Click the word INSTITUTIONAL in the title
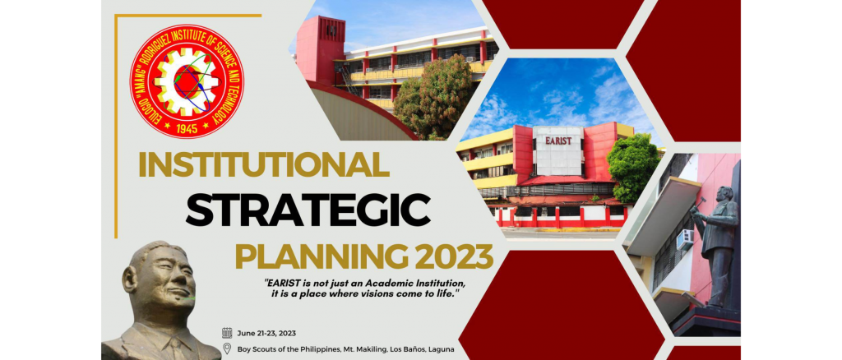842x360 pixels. click(x=264, y=164)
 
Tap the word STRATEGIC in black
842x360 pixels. click(x=308, y=210)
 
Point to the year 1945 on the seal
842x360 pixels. click(x=187, y=127)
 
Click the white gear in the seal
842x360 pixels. click(x=187, y=81)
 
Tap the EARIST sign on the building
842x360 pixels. click(x=558, y=141)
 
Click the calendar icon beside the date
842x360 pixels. click(x=227, y=333)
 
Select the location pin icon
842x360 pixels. click(x=227, y=348)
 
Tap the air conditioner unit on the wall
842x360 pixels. click(x=685, y=240)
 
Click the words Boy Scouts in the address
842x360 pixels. click(x=256, y=350)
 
